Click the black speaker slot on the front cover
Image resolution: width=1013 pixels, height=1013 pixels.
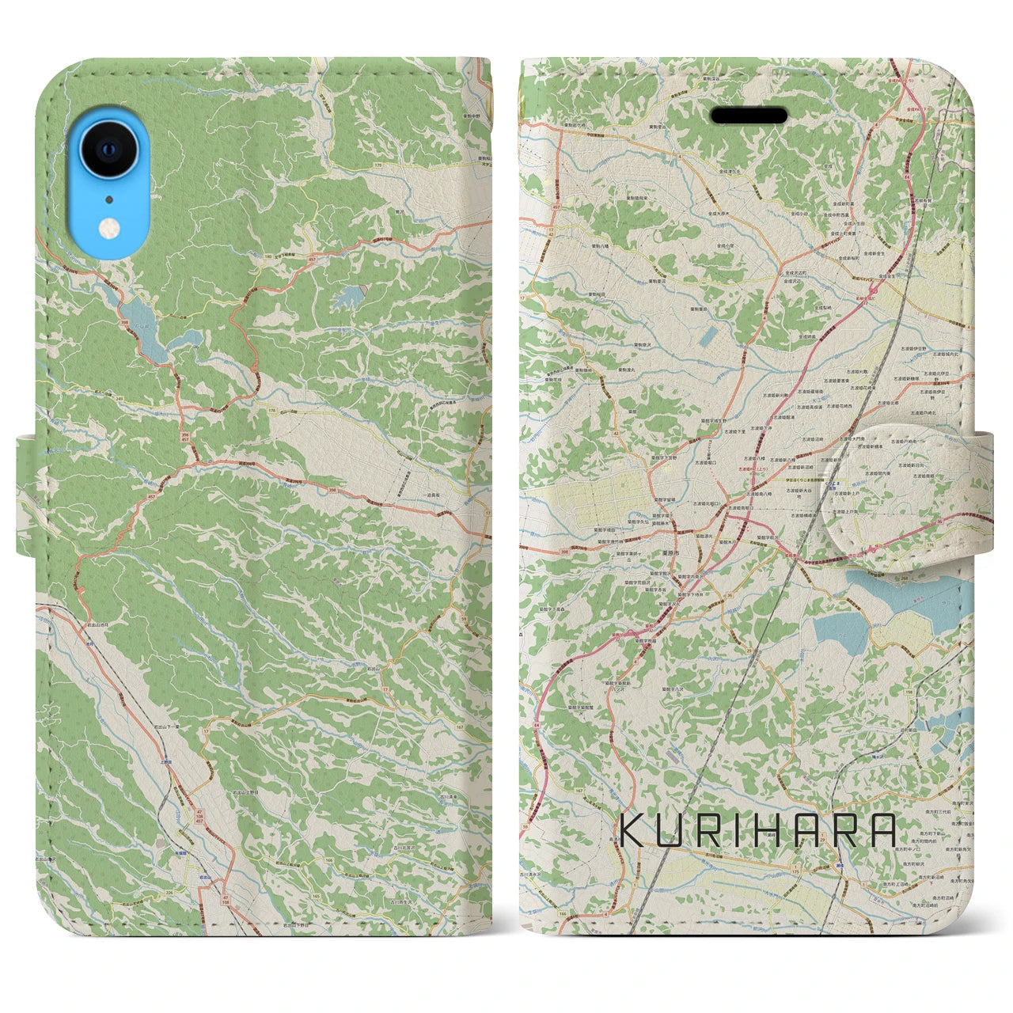click(x=749, y=116)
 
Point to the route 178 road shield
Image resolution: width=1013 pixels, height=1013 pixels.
click(x=271, y=409)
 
